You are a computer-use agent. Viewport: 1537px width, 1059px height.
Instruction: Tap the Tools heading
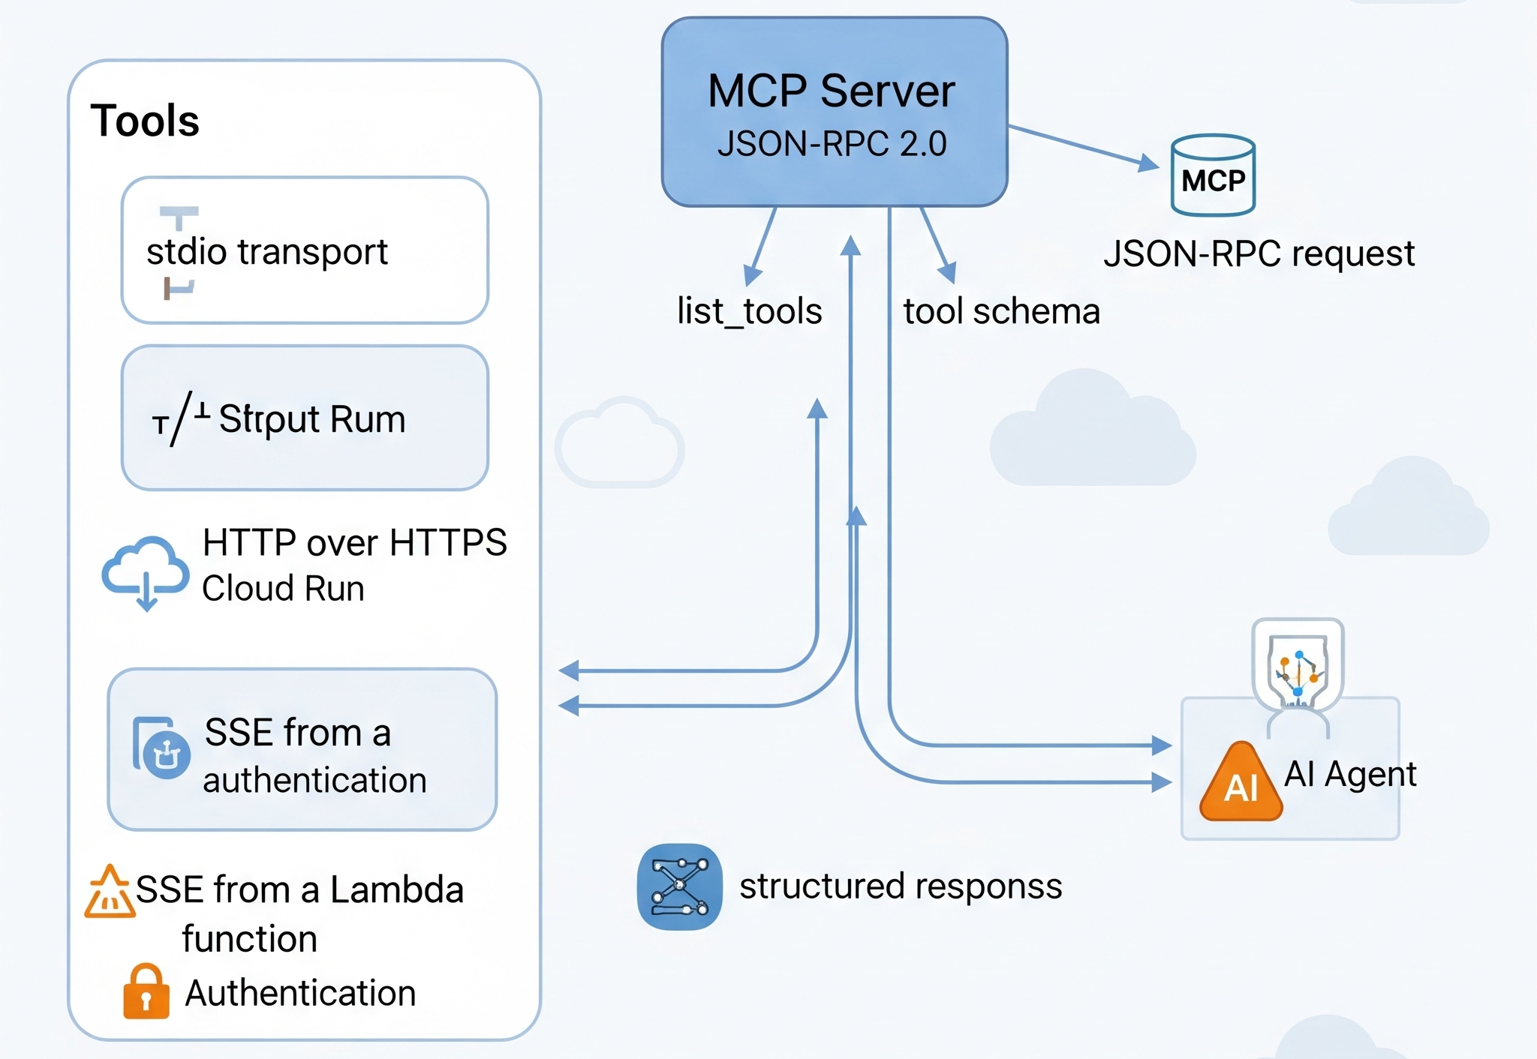click(x=145, y=121)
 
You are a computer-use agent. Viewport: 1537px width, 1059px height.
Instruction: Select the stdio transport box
click(x=305, y=250)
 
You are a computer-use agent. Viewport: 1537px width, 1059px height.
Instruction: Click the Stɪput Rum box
click(x=305, y=418)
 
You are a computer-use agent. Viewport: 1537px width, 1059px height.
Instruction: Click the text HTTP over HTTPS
click(x=354, y=542)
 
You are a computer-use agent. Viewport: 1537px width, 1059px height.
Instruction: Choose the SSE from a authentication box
click(x=302, y=750)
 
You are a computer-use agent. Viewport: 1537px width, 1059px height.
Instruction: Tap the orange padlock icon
click(x=146, y=991)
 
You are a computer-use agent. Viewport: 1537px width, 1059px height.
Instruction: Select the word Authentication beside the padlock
click(x=300, y=993)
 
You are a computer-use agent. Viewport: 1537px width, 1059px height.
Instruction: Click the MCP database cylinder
click(x=1213, y=176)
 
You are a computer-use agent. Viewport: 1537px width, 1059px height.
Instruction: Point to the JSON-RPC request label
click(x=1259, y=253)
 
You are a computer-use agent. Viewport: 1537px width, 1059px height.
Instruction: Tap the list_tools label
click(x=749, y=311)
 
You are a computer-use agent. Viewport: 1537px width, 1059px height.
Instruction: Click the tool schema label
click(x=1001, y=311)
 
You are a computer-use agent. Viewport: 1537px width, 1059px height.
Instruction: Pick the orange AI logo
click(x=1241, y=784)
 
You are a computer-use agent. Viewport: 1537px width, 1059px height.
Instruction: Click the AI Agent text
click(x=1350, y=774)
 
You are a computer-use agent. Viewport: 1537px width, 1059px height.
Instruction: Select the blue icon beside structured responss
click(x=679, y=887)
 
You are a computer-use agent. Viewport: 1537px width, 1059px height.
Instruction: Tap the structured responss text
click(x=901, y=886)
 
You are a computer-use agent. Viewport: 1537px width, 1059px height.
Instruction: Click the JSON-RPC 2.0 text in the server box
click(x=832, y=144)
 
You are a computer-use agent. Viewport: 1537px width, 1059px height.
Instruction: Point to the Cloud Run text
click(x=283, y=589)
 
